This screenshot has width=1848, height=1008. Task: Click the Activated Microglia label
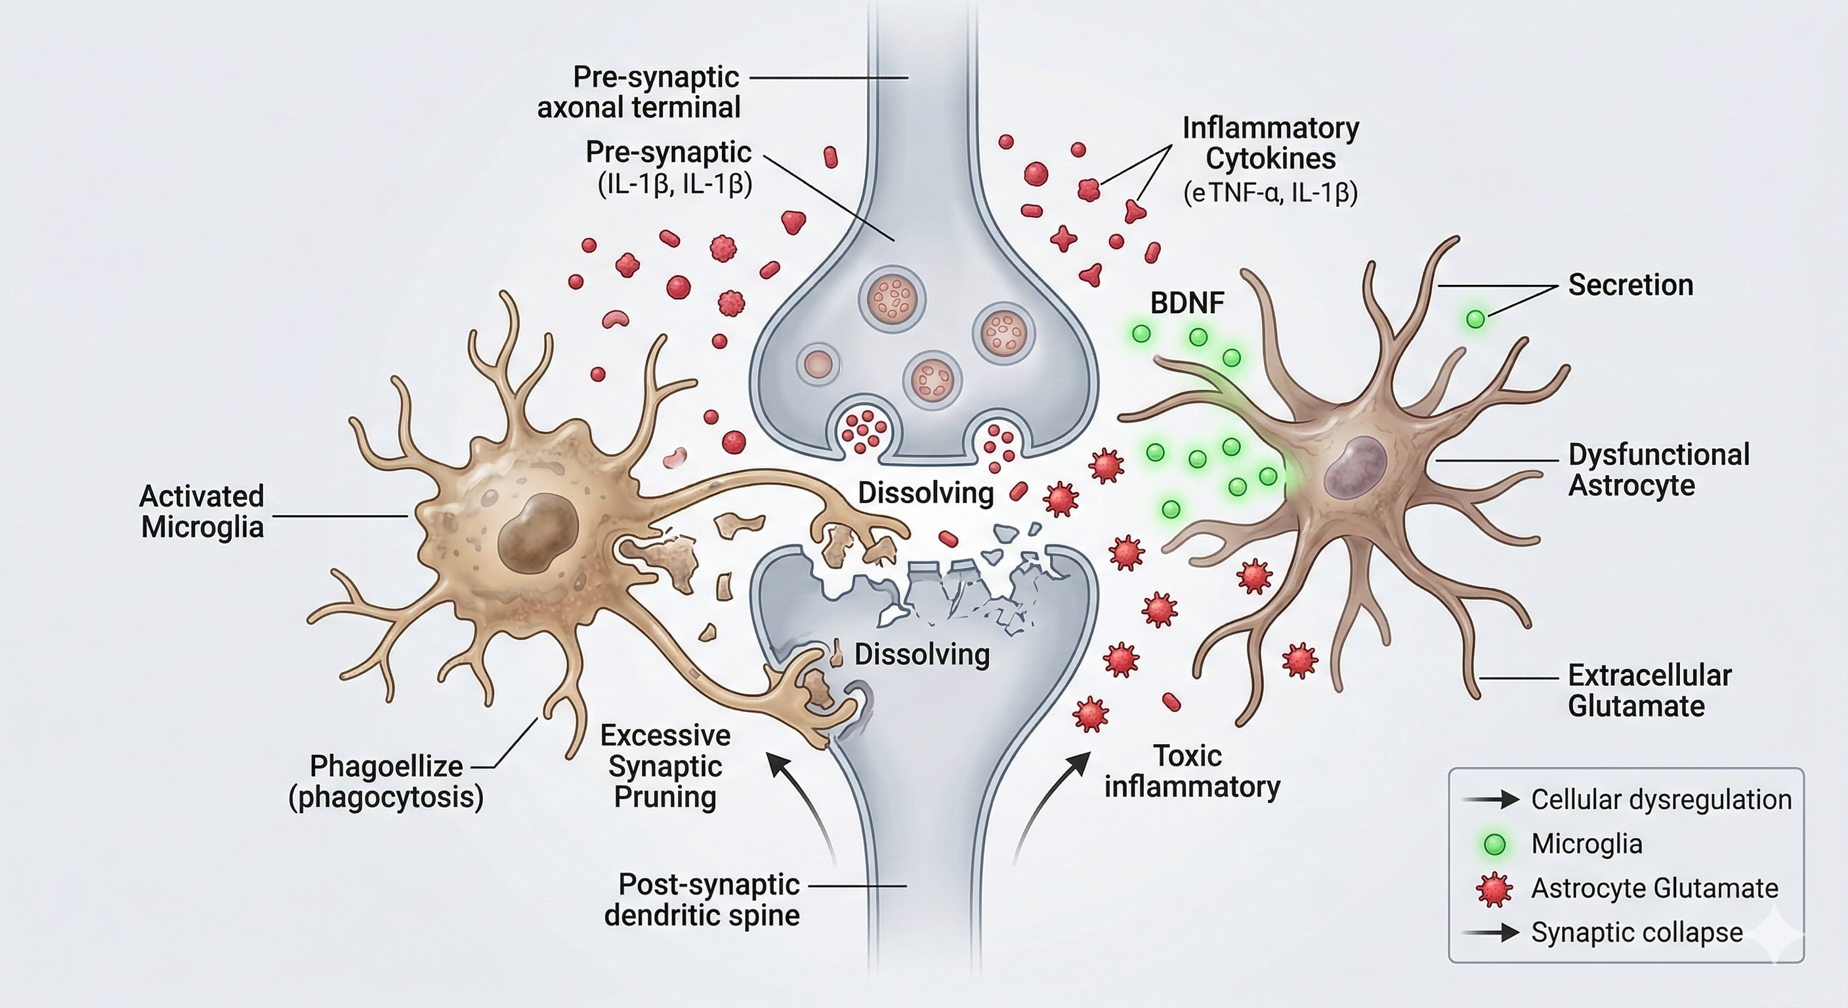(x=202, y=511)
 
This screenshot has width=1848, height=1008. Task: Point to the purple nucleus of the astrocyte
(x=1354, y=468)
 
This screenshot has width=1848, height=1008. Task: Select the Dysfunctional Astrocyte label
(x=1658, y=470)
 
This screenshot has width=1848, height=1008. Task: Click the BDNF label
(x=1187, y=303)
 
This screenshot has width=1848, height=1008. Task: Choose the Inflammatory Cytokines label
(x=1270, y=144)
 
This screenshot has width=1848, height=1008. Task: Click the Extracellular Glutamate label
(x=1649, y=690)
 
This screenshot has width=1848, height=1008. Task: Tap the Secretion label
(x=1630, y=285)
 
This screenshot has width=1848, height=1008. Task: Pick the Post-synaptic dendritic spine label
(x=702, y=900)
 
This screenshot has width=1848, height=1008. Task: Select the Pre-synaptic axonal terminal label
(x=639, y=93)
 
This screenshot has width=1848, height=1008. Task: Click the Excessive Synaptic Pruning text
(x=665, y=766)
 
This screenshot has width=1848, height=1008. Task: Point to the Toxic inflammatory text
(x=1192, y=771)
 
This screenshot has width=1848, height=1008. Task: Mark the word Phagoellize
(x=386, y=766)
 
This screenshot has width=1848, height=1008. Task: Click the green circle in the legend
(x=1494, y=845)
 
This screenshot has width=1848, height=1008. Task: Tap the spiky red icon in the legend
(x=1494, y=889)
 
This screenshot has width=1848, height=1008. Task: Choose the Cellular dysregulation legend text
(x=1662, y=799)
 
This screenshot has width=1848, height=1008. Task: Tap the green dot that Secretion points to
(x=1476, y=318)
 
